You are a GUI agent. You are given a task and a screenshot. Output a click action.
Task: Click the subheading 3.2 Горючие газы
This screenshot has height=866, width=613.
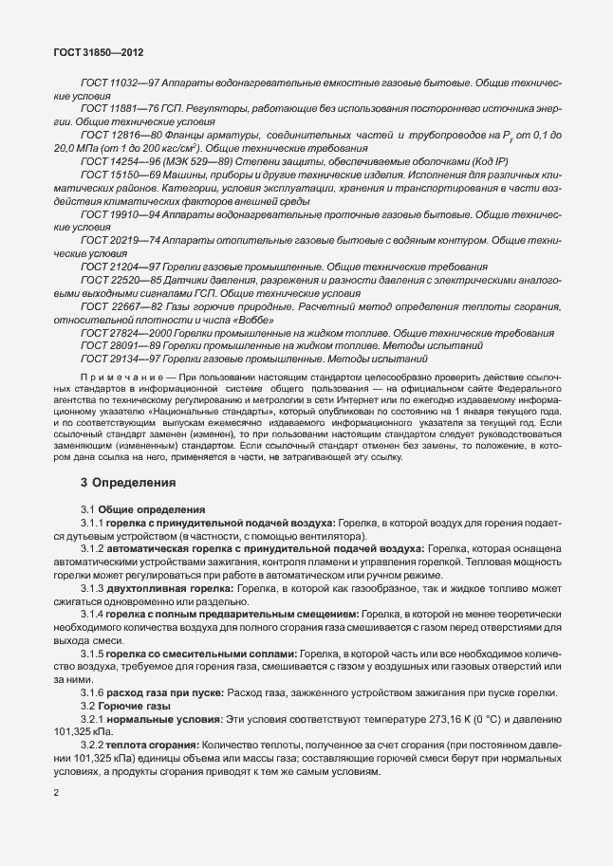(x=125, y=708)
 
